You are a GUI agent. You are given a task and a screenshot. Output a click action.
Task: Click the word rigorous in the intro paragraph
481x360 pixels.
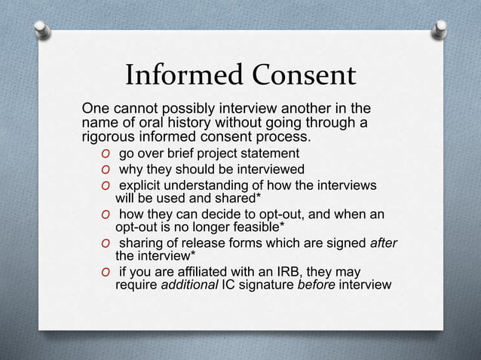(x=109, y=138)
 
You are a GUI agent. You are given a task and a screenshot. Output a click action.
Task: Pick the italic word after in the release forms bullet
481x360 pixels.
(x=382, y=243)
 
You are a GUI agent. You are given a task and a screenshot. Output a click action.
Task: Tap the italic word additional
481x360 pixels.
(x=188, y=285)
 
